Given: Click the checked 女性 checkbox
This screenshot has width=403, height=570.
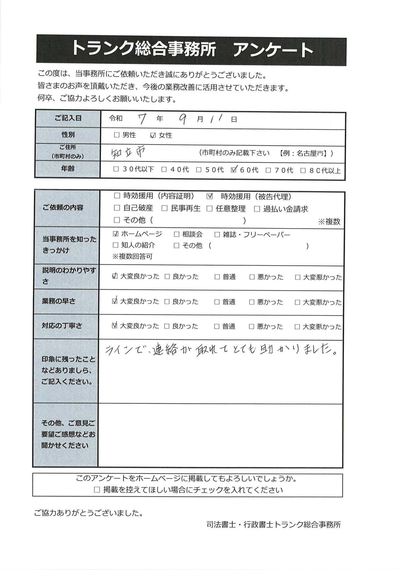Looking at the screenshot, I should (x=153, y=135).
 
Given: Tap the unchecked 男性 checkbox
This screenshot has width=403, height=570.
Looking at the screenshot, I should (x=117, y=135).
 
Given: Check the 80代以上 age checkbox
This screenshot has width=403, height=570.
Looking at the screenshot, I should (x=303, y=170).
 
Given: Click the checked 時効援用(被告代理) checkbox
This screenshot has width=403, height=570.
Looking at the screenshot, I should (x=209, y=196).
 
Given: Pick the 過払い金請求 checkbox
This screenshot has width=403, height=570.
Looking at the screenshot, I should (x=257, y=209).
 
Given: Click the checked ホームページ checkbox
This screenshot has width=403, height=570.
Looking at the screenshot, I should (x=116, y=234).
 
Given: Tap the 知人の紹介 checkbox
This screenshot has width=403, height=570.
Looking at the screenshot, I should (x=116, y=245).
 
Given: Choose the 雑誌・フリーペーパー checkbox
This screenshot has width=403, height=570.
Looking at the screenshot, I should (x=217, y=235).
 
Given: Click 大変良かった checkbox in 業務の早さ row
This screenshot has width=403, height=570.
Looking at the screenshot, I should (x=115, y=301).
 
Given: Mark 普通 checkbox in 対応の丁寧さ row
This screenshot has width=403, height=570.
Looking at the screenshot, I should (x=217, y=327).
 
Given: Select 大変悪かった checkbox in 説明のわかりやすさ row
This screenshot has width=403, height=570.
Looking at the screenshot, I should (x=298, y=277).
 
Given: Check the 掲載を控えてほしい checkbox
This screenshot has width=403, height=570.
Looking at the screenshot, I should (x=97, y=490).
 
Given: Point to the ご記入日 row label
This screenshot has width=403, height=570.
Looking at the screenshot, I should (x=68, y=118).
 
